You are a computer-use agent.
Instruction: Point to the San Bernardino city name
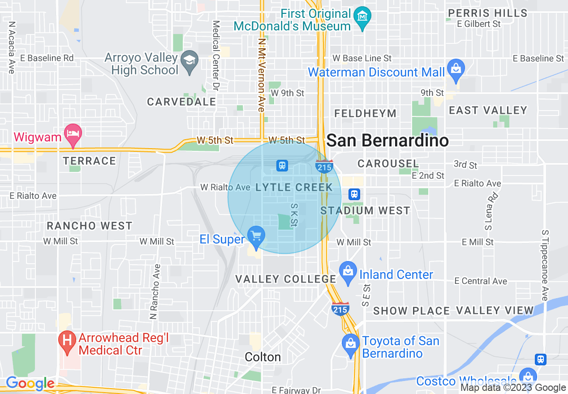click(x=387, y=141)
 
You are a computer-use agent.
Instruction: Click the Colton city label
click(x=263, y=357)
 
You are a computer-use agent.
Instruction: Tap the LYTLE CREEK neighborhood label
click(x=294, y=188)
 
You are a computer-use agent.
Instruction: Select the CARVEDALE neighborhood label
click(x=181, y=102)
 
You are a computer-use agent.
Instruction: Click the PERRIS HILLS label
click(x=488, y=13)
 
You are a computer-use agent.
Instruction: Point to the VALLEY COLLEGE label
click(x=286, y=279)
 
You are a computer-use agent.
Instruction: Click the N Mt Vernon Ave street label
click(x=262, y=74)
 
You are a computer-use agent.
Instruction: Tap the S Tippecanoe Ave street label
click(x=545, y=266)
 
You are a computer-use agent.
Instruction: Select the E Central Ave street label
click(x=481, y=281)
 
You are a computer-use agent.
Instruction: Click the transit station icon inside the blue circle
click(x=282, y=165)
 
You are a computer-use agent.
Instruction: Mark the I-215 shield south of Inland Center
click(x=340, y=309)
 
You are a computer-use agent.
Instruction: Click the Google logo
click(x=30, y=383)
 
